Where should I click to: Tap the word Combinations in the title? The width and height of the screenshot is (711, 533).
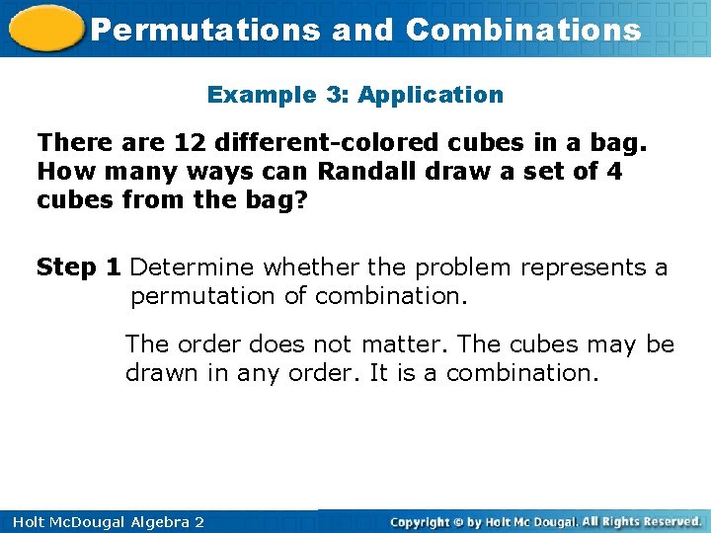(x=523, y=30)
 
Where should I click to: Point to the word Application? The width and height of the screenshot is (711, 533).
(x=431, y=96)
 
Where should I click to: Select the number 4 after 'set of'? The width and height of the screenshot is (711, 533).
(x=614, y=171)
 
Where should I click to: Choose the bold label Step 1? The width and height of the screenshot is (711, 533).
(x=79, y=267)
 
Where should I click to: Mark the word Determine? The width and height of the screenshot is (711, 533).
(x=191, y=267)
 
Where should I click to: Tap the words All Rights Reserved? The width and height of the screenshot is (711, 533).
(x=642, y=521)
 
